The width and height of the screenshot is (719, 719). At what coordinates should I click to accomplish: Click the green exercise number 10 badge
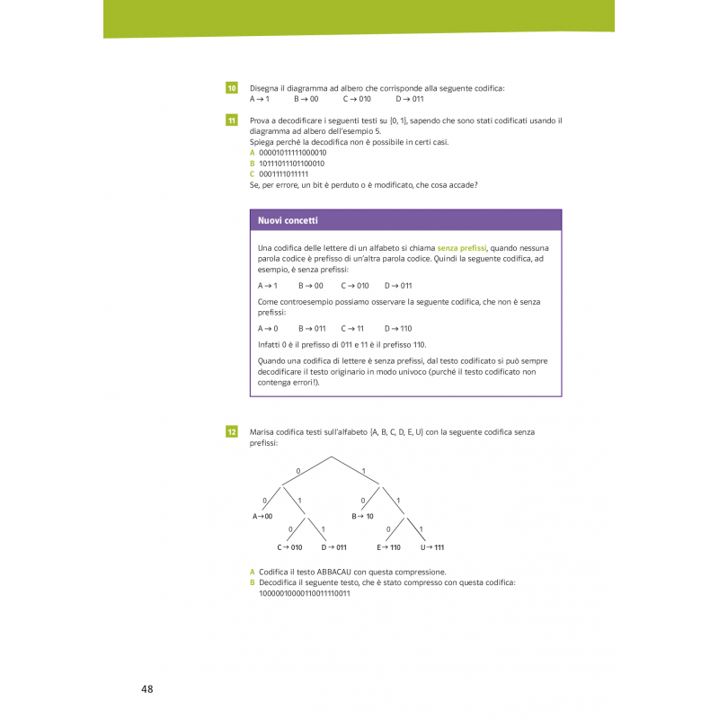[x=231, y=88]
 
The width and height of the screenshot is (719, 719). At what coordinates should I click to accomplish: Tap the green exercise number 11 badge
[x=231, y=120]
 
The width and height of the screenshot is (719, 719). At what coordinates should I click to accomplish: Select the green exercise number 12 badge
[x=231, y=432]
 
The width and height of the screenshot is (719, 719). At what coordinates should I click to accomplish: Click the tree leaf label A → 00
[x=262, y=516]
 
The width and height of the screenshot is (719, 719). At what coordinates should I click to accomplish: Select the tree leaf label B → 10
[x=362, y=516]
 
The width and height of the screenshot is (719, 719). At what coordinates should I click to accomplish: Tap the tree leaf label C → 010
[x=289, y=547]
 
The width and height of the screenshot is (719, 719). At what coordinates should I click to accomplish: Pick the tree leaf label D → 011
[x=333, y=547]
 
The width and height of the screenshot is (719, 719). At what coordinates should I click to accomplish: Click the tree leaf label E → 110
[x=388, y=547]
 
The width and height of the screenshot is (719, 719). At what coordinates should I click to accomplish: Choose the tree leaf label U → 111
[x=432, y=547]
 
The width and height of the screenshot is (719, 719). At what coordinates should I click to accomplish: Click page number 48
[x=147, y=689]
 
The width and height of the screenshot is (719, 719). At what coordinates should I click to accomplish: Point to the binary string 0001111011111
[x=283, y=174]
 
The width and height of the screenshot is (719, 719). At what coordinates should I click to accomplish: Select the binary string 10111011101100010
[x=292, y=164]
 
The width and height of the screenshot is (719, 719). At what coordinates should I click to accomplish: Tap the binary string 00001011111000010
[x=292, y=153]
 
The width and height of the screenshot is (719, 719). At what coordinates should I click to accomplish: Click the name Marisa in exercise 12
[x=261, y=432]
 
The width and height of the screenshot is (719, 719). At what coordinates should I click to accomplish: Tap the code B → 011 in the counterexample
[x=312, y=329]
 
